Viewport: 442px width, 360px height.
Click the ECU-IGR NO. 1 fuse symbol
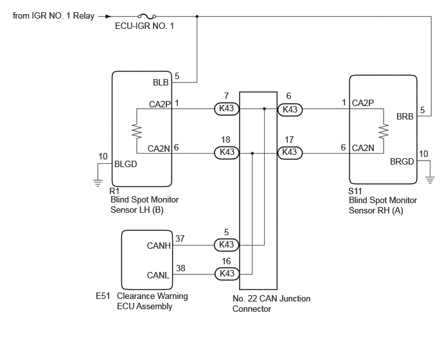pos(147,16)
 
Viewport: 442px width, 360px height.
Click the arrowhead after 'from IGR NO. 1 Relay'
pos(108,16)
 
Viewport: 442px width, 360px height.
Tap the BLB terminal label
pos(161,82)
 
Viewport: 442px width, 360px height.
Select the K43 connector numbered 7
pos(227,109)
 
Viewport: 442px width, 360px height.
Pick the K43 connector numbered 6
pos(290,109)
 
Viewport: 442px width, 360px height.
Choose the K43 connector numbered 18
pos(227,152)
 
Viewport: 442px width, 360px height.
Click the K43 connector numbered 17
pos(290,152)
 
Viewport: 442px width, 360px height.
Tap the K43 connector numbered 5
pos(227,245)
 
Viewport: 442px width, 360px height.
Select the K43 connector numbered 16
pos(227,274)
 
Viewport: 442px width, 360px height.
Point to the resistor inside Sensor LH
pos(137,131)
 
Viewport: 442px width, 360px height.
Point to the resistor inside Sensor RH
pos(384,131)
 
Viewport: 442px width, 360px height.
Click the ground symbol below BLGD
pos(98,183)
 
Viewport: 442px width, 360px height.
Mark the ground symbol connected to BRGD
pos(430,180)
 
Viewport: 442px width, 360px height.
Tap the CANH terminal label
pos(159,246)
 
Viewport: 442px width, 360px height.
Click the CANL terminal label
pos(158,275)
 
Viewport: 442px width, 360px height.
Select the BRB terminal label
pos(405,116)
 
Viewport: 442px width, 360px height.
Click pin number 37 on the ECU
pos(180,239)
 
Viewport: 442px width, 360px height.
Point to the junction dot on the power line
pos(197,16)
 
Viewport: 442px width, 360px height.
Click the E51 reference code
pos(103,296)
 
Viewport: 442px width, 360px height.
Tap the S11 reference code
pos(355,191)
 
